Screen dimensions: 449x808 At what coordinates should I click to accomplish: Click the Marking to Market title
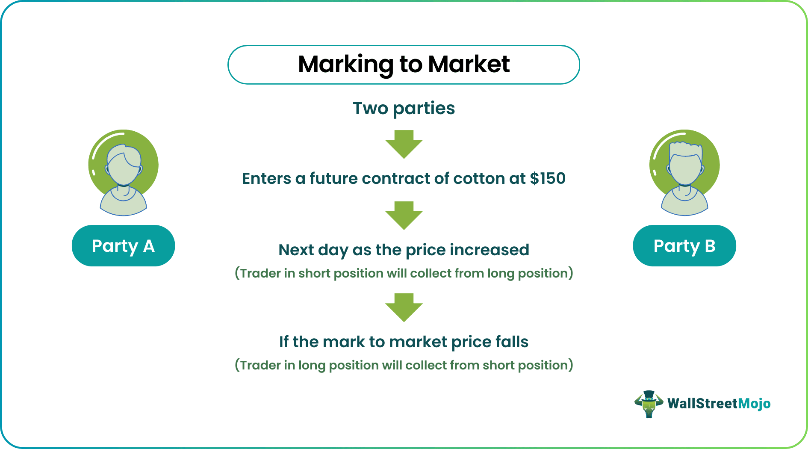[x=404, y=65]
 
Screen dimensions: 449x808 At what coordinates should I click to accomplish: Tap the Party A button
[x=123, y=246]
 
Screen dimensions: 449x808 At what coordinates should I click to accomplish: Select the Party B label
[x=684, y=246]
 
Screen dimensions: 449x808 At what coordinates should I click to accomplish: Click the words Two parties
[x=404, y=108]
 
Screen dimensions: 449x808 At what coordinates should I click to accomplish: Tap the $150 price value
[x=548, y=178]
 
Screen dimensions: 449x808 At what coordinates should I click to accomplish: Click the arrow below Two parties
[x=404, y=144]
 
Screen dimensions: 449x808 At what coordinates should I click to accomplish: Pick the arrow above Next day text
[x=404, y=215]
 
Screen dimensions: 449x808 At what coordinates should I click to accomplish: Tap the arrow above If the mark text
[x=404, y=307]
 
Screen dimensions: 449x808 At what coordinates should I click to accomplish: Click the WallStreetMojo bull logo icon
[x=649, y=404]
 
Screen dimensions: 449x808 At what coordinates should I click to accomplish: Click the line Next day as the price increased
[x=404, y=250]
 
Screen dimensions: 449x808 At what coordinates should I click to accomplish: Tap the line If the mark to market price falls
[x=404, y=342]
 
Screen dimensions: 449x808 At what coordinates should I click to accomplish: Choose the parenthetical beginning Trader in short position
[x=404, y=273]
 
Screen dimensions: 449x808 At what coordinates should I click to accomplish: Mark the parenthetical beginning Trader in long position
[x=404, y=365]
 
